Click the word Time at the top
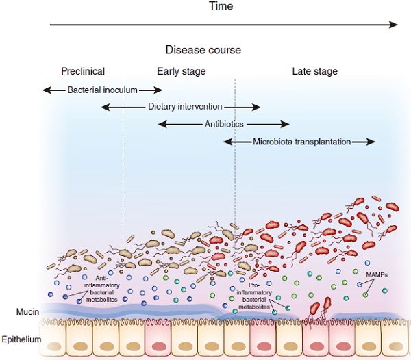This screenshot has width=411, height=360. point(221,6)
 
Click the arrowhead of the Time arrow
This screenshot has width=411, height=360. point(393,25)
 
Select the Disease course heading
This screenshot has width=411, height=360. point(203,50)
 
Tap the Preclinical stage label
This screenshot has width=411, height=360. point(83,71)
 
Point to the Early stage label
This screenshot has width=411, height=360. point(182,71)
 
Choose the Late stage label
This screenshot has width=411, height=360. point(315,71)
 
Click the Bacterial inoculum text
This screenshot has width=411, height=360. point(103,90)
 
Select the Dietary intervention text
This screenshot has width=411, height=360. point(185,107)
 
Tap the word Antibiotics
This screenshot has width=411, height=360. point(224,124)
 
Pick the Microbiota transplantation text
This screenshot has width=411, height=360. point(301,142)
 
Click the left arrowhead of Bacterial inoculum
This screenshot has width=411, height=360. point(47,90)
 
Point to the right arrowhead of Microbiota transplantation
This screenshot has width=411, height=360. point(371,142)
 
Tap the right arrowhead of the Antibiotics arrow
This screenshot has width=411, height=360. point(285,124)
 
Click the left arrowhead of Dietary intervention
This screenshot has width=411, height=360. point(105,107)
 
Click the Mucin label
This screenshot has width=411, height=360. point(27,311)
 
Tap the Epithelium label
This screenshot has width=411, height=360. point(21,339)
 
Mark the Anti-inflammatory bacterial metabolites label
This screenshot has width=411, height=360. point(101,289)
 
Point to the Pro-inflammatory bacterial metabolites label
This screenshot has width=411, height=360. point(254,296)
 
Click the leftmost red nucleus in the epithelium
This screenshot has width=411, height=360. point(159,346)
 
